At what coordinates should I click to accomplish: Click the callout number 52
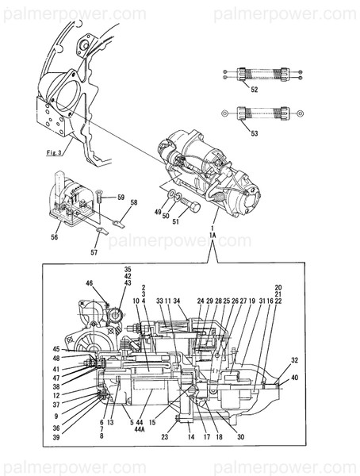pyautogui.click(x=254, y=90)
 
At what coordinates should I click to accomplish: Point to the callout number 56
pyautogui.click(x=55, y=236)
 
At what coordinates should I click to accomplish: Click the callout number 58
pyautogui.click(x=133, y=204)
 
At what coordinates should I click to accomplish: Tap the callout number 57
pyautogui.click(x=94, y=252)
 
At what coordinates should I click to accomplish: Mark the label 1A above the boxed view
pyautogui.click(x=213, y=236)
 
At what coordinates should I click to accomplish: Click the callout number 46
pyautogui.click(x=90, y=282)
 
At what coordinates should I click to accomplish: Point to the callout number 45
pyautogui.click(x=56, y=349)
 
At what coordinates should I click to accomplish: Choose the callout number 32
pyautogui.click(x=295, y=359)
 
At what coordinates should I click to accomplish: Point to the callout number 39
pyautogui.click(x=56, y=436)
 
